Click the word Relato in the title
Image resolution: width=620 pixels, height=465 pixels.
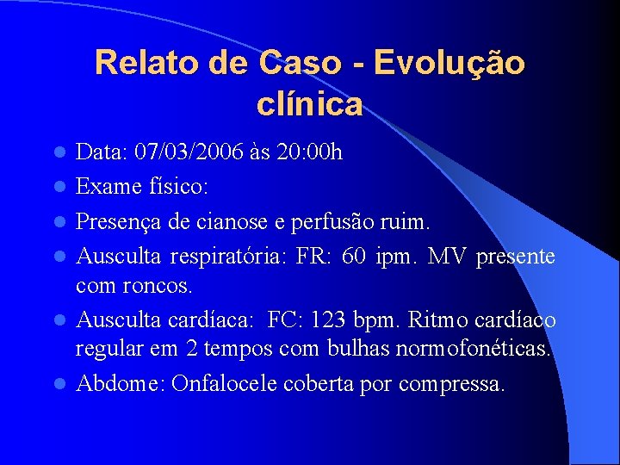[141, 63]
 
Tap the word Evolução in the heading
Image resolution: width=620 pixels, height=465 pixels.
[449, 63]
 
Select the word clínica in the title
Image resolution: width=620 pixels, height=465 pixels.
[309, 105]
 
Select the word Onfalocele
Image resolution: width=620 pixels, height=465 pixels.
[224, 383]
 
